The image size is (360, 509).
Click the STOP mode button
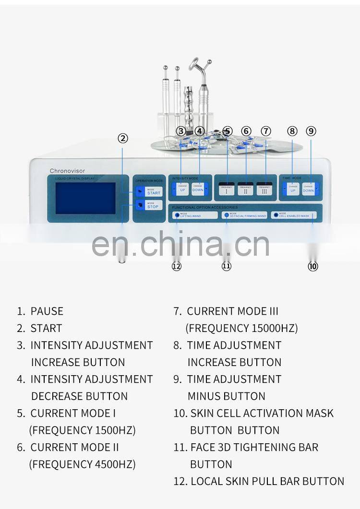(147, 205)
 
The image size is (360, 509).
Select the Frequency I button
(227, 189)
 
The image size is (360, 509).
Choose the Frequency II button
(246, 189)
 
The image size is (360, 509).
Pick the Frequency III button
(264, 189)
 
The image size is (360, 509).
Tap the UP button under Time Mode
(293, 189)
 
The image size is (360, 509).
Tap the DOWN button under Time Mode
(308, 189)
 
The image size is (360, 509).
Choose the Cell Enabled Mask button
(293, 215)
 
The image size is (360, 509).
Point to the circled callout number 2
(123, 138)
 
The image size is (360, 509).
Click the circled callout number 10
(312, 266)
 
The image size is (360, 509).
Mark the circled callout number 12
(176, 266)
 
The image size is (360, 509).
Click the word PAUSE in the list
(47, 311)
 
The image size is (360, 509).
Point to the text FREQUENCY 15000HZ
(241, 329)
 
